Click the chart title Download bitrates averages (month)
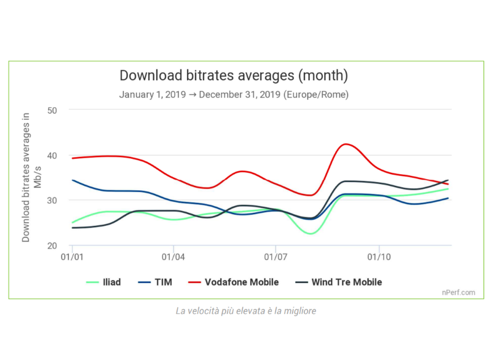coord(234,76)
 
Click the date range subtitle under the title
coord(234,95)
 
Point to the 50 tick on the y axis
coord(52,110)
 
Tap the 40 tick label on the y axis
coord(52,155)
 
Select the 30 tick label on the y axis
coord(52,201)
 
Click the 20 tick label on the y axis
coord(52,246)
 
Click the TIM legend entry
coord(156,282)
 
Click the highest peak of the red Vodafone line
coord(346,144)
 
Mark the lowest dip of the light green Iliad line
coord(311,234)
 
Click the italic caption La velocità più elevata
coord(246,311)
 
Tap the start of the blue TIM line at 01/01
coord(73,180)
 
